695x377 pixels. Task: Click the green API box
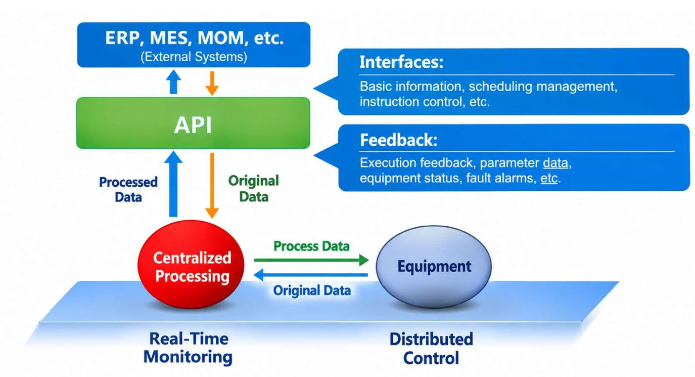pos(193,123)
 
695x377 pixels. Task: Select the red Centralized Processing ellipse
pos(191,264)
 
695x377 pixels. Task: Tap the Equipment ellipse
pos(434,266)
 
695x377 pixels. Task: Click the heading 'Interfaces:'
pos(401,62)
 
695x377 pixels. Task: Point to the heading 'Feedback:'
pos(399,140)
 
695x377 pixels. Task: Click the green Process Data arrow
pos(311,260)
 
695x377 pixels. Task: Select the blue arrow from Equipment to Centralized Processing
pos(310,275)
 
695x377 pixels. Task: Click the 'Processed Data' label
pos(128,189)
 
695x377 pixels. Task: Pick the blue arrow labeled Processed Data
pos(173,184)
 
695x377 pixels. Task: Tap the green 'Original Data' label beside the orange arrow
pos(254,188)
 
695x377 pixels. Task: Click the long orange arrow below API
pos(212,186)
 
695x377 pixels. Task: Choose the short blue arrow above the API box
pos(173,81)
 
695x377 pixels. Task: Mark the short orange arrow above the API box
pos(212,83)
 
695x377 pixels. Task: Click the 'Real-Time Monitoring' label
pos(188,348)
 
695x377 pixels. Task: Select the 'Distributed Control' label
pos(431,349)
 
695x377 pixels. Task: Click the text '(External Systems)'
pos(194,57)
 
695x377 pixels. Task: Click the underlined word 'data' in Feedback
pos(555,163)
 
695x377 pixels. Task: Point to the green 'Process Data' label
pos(311,246)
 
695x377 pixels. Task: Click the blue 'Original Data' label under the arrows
pos(312,290)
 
